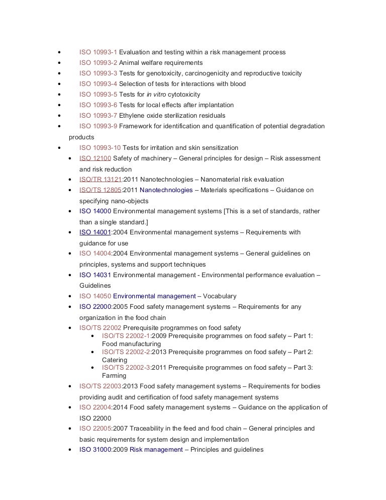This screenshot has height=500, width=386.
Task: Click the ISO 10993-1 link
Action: [98, 52]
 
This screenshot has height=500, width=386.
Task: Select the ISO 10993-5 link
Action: [98, 95]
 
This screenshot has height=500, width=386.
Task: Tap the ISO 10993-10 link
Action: [100, 148]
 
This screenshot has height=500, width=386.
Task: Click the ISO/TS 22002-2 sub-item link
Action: [126, 352]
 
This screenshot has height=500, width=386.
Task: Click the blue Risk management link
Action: [156, 450]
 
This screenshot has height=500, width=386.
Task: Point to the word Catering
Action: [115, 360]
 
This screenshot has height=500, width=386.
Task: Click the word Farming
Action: [114, 376]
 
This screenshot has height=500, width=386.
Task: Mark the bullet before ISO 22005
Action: [69, 429]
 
